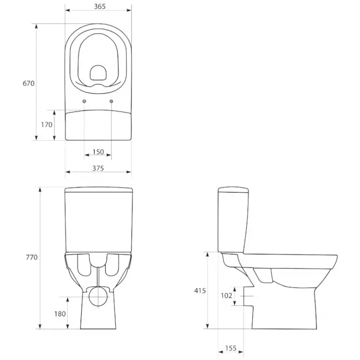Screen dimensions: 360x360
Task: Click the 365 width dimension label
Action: click(x=100, y=6)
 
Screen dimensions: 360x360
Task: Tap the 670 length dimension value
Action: click(x=29, y=83)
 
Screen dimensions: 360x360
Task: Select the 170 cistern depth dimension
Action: click(x=47, y=125)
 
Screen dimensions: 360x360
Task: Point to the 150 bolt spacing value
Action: click(x=99, y=152)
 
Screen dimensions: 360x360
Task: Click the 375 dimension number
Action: click(x=98, y=168)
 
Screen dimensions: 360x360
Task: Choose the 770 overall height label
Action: click(x=32, y=257)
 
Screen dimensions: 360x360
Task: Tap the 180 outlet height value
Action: click(x=60, y=313)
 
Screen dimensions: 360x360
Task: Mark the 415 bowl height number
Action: click(x=200, y=291)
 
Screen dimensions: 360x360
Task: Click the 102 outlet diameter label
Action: click(x=226, y=296)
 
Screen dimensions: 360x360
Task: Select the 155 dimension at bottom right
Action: click(x=231, y=348)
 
